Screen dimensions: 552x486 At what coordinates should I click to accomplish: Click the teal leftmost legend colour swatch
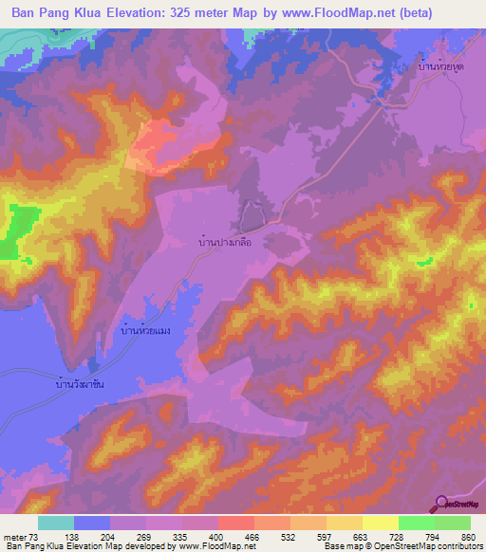[55, 524]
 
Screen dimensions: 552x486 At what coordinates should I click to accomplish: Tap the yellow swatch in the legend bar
[380, 524]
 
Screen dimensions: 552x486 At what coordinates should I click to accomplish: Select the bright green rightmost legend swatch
[452, 524]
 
